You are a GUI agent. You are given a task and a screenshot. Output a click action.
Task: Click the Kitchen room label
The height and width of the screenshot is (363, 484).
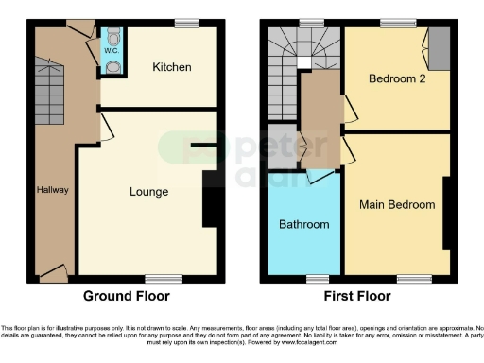point(172,67)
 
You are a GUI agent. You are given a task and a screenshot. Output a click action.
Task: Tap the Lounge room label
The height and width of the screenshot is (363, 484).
point(148,192)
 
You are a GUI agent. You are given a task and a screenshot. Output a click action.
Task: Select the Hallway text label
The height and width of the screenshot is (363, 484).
point(53,190)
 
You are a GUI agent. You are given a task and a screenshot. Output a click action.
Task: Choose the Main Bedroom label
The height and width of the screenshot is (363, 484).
point(397,204)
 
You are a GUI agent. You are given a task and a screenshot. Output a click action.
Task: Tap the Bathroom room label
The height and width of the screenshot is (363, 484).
point(303,225)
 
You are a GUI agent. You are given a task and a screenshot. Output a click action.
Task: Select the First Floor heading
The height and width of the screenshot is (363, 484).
point(358,295)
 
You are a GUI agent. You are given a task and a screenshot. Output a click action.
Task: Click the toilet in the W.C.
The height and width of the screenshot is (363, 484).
point(112,37)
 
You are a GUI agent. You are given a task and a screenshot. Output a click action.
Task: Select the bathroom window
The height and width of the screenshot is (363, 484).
point(319,278)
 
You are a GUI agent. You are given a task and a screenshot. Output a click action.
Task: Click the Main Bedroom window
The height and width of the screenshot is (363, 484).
point(413,278)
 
